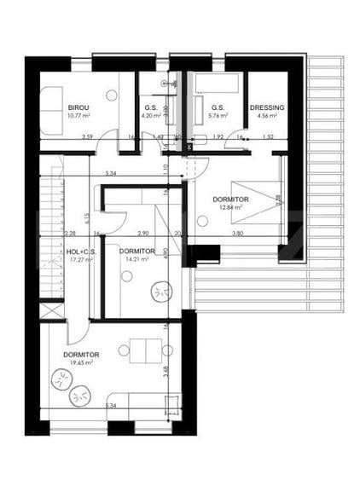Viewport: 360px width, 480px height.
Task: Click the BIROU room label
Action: [78, 107]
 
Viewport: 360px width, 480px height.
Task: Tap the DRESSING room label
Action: [267, 107]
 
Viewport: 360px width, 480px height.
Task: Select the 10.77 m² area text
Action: [78, 115]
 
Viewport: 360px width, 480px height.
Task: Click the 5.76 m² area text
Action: [218, 115]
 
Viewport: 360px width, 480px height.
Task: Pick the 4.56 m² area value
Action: [265, 115]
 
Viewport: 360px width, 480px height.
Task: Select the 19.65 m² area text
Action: [78, 362]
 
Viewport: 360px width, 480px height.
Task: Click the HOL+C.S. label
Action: [81, 252]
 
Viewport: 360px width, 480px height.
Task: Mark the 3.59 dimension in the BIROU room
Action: [87, 136]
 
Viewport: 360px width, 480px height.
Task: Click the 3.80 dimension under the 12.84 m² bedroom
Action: [236, 233]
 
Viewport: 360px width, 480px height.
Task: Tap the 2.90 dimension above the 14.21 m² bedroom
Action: [142, 233]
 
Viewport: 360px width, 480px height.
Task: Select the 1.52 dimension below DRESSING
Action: [268, 136]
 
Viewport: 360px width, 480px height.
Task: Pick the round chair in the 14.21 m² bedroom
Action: [160, 293]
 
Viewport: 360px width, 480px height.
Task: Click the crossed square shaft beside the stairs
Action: [52, 309]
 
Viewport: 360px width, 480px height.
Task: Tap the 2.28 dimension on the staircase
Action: [70, 233]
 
